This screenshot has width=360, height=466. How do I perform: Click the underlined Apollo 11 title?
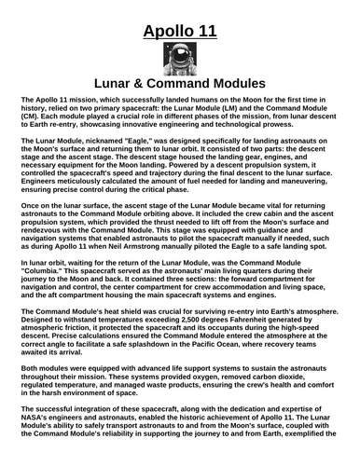coord(180,34)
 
